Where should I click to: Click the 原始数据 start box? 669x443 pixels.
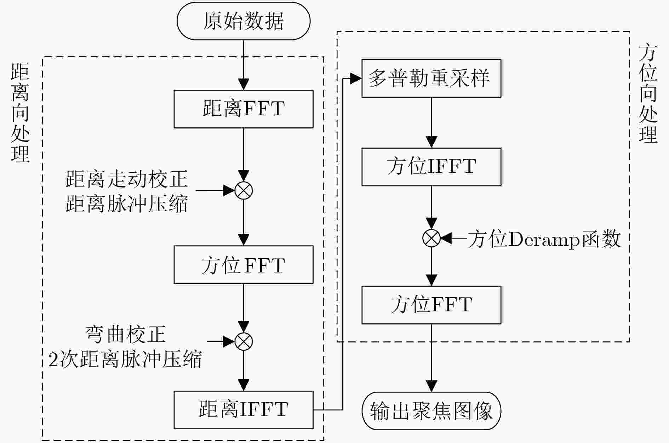click(244, 21)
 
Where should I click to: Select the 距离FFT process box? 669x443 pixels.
click(244, 109)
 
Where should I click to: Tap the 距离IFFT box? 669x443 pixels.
click(244, 410)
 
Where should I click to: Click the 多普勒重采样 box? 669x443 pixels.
click(431, 78)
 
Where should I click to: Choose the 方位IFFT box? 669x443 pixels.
click(431, 167)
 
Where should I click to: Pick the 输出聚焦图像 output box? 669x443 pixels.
click(431, 410)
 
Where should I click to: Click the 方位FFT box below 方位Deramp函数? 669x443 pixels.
click(431, 305)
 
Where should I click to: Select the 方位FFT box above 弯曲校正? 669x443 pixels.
click(244, 265)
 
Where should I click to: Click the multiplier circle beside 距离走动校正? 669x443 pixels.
click(244, 190)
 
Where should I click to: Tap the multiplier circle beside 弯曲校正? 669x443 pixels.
click(244, 341)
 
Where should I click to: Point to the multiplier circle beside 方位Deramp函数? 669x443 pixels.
click(431, 238)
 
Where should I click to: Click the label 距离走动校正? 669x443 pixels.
click(127, 179)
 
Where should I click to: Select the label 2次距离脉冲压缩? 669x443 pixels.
click(125, 359)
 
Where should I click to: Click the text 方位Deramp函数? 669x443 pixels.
click(544, 239)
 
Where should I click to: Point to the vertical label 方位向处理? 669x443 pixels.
click(648, 94)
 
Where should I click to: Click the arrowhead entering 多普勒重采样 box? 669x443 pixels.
click(356, 79)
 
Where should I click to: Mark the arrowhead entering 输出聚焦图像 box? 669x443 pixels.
click(431, 386)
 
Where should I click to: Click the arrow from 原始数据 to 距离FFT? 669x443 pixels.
click(244, 65)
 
